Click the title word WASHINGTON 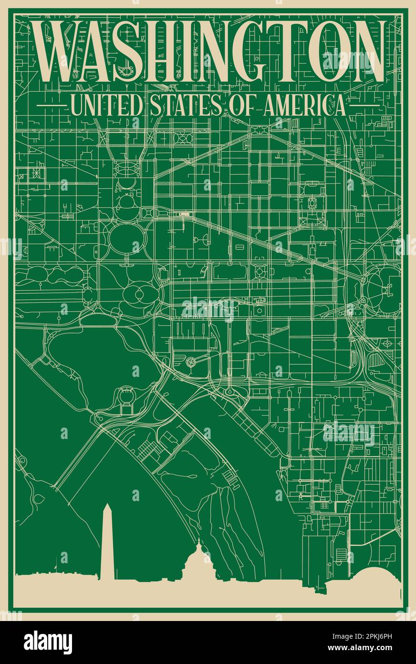click(208, 53)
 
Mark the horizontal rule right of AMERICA click(364, 105)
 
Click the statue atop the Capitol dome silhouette click(198, 541)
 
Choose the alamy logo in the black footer click(48, 642)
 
